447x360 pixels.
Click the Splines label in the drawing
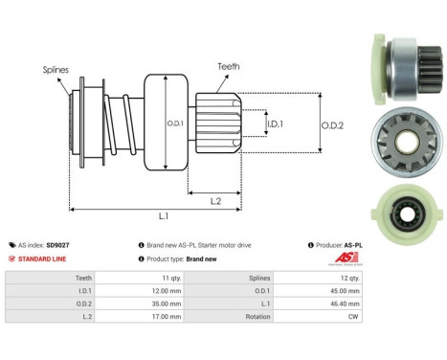55,70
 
